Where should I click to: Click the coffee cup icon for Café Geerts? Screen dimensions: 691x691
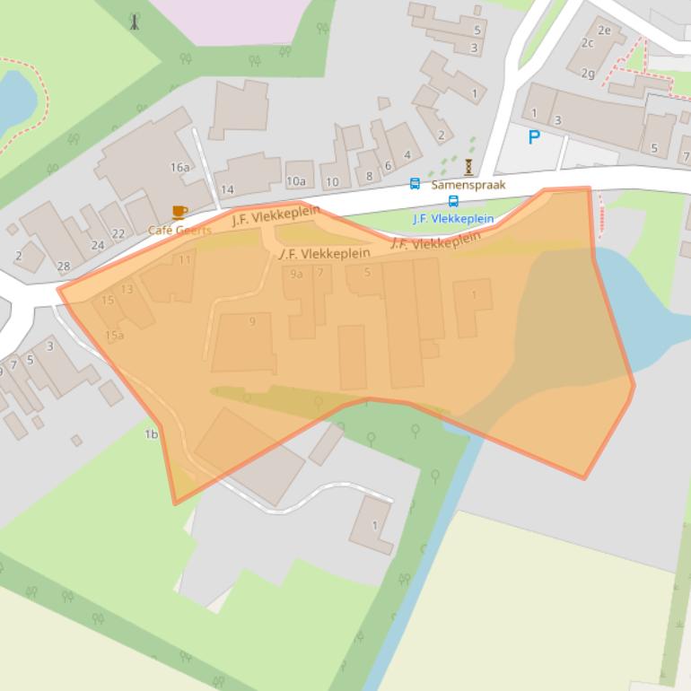pyautogui.click(x=179, y=213)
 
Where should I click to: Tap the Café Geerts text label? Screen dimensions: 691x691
pyautogui.click(x=179, y=230)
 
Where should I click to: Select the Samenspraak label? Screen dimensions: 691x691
pyautogui.click(x=468, y=185)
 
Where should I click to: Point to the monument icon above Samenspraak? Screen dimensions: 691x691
pyautogui.click(x=468, y=166)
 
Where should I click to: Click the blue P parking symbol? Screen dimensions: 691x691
pyautogui.click(x=535, y=137)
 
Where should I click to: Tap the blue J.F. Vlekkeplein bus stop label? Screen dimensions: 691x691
pyautogui.click(x=453, y=218)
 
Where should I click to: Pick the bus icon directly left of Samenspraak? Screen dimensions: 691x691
pyautogui.click(x=415, y=184)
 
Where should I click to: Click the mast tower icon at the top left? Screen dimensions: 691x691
pyautogui.click(x=135, y=22)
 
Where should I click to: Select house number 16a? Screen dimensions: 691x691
pyautogui.click(x=179, y=167)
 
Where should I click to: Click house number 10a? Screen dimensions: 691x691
pyautogui.click(x=295, y=181)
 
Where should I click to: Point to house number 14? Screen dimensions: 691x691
pyautogui.click(x=227, y=189)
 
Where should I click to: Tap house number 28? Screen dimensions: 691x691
pyautogui.click(x=63, y=267)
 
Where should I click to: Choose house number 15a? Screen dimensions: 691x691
pyautogui.click(x=114, y=336)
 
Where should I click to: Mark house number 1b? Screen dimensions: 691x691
pyautogui.click(x=151, y=434)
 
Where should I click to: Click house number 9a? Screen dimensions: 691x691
pyautogui.click(x=296, y=274)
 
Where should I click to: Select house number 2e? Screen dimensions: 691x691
pyautogui.click(x=604, y=31)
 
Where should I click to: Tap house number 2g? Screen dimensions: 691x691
pyautogui.click(x=588, y=74)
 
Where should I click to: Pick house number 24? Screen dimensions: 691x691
pyautogui.click(x=98, y=245)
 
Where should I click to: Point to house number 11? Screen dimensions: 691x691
pyautogui.click(x=185, y=260)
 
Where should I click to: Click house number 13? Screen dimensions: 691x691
pyautogui.click(x=127, y=289)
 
